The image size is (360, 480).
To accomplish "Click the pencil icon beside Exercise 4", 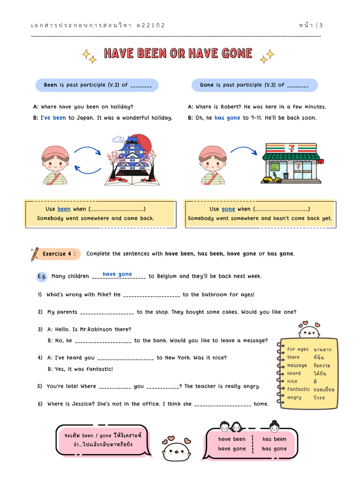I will pyautogui.click(x=34, y=254).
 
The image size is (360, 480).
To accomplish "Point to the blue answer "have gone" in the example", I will pyautogui.click(x=117, y=274).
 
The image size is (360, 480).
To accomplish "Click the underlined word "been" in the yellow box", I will pyautogui.click(x=64, y=209).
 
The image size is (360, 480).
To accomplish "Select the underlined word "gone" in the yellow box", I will pyautogui.click(x=228, y=209).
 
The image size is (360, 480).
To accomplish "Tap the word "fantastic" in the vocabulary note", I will pyautogui.click(x=299, y=389).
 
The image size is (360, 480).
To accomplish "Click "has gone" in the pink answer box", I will pyautogui.click(x=274, y=449).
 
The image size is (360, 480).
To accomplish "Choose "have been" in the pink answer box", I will pyautogui.click(x=232, y=439).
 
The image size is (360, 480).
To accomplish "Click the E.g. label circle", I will pyautogui.click(x=42, y=277).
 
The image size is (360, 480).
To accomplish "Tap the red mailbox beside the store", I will pyautogui.click(x=321, y=162).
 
